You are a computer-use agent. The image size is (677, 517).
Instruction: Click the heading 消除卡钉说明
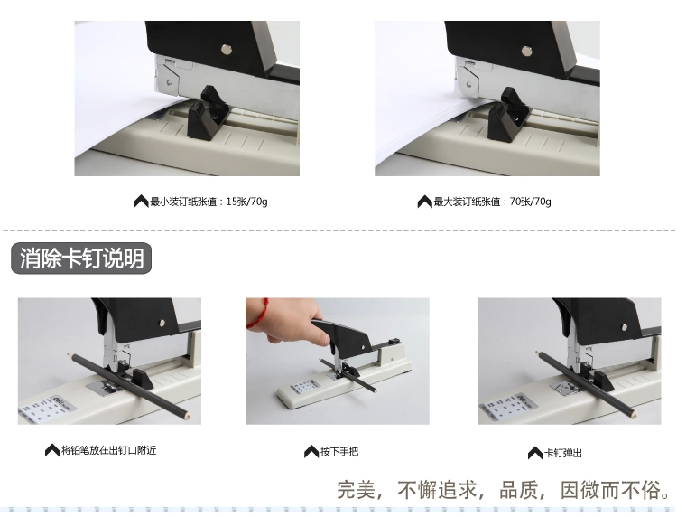[81, 258]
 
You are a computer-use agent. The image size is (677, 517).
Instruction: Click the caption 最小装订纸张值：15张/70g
[209, 202]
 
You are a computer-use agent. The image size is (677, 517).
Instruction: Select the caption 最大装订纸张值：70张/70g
[492, 202]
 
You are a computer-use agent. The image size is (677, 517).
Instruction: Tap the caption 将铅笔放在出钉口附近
[109, 450]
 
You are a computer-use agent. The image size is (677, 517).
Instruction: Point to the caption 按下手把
[339, 452]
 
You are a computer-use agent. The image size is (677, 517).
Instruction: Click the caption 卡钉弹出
[563, 453]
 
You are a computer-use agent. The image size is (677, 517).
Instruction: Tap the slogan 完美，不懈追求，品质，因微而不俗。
[505, 490]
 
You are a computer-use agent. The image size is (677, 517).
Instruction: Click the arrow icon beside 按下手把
[311, 452]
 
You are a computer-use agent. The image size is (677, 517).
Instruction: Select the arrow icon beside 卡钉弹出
[535, 453]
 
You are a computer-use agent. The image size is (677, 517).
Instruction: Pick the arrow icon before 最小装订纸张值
[141, 202]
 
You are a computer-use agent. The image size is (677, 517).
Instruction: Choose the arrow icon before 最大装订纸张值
[424, 202]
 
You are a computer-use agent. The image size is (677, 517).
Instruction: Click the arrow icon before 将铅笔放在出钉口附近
[52, 450]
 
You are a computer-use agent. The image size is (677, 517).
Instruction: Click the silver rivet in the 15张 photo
[227, 50]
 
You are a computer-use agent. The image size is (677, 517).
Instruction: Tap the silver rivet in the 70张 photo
[526, 51]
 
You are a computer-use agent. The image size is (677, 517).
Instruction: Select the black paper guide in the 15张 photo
[209, 113]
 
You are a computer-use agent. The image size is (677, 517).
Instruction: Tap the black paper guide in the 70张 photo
[508, 115]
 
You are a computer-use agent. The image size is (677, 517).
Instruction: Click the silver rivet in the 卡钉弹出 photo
[624, 327]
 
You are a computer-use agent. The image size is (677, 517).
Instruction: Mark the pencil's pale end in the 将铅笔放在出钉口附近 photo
[187, 417]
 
